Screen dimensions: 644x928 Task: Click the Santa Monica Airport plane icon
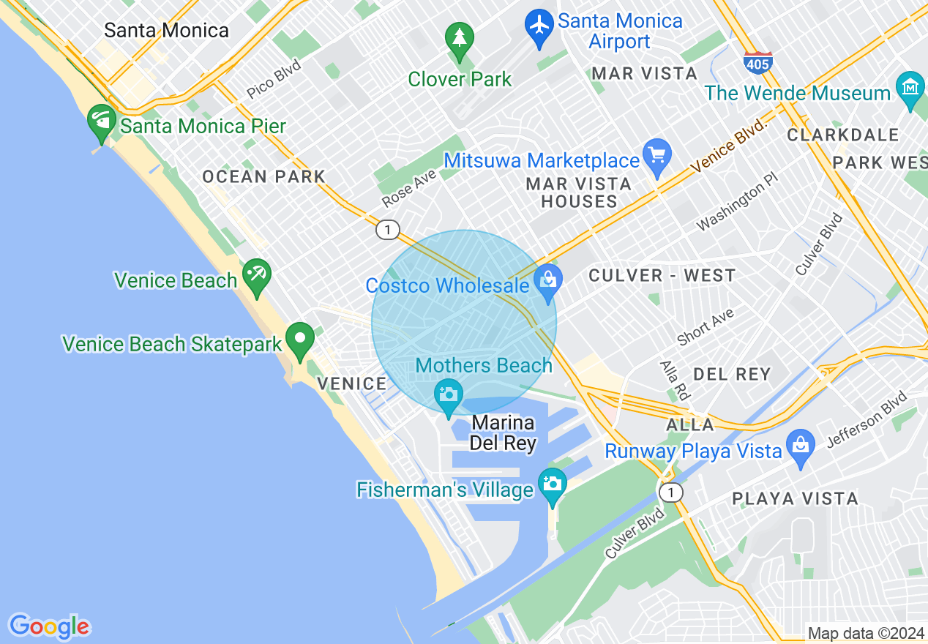540,26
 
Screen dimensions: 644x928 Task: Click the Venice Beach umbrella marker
257,275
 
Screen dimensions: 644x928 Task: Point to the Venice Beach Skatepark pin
299,340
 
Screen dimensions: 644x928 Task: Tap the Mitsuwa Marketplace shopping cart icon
657,155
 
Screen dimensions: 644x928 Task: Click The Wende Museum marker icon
910,89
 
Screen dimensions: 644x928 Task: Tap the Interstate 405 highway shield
757,63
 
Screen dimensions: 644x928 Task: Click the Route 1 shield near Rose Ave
387,230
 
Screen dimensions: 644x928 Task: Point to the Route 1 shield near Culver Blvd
670,493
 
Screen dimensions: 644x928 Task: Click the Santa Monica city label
166,30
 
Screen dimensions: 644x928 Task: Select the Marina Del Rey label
504,433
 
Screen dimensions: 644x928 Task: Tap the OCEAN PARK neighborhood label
264,176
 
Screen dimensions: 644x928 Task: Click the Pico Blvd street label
274,79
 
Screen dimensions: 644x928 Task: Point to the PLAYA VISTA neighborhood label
796,499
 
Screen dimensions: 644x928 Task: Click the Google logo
49,626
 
